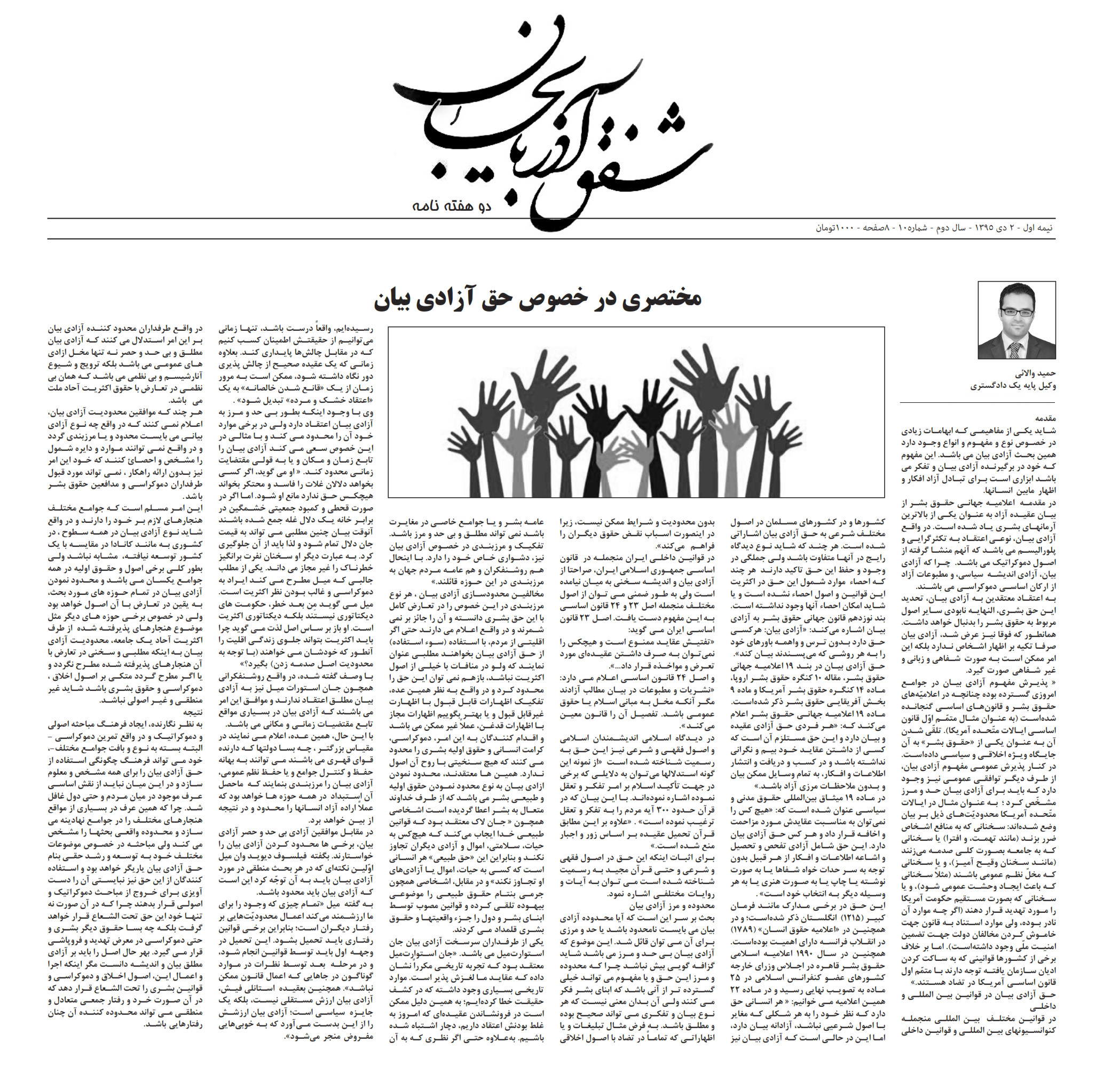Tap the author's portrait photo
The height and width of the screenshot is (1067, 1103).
[x=1017, y=320]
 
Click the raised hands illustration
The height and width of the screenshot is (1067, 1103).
[x=636, y=412]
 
